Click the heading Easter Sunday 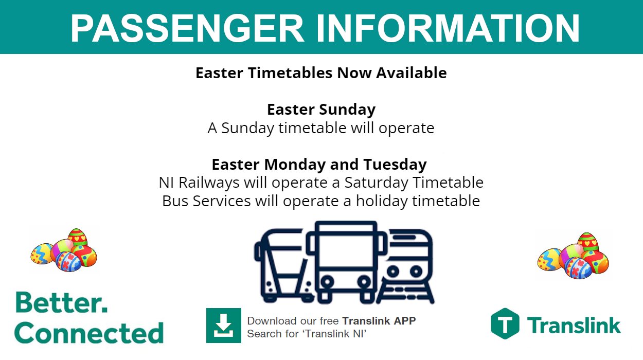click(321, 110)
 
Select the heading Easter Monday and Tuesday click(319, 165)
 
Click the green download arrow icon click(223, 325)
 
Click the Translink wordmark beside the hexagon click(574, 325)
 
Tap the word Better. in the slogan click(61, 303)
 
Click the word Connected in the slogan click(89, 333)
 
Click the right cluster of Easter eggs click(573, 256)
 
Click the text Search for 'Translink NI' click(307, 334)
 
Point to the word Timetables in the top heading click(291, 73)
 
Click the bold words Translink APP click(379, 321)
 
